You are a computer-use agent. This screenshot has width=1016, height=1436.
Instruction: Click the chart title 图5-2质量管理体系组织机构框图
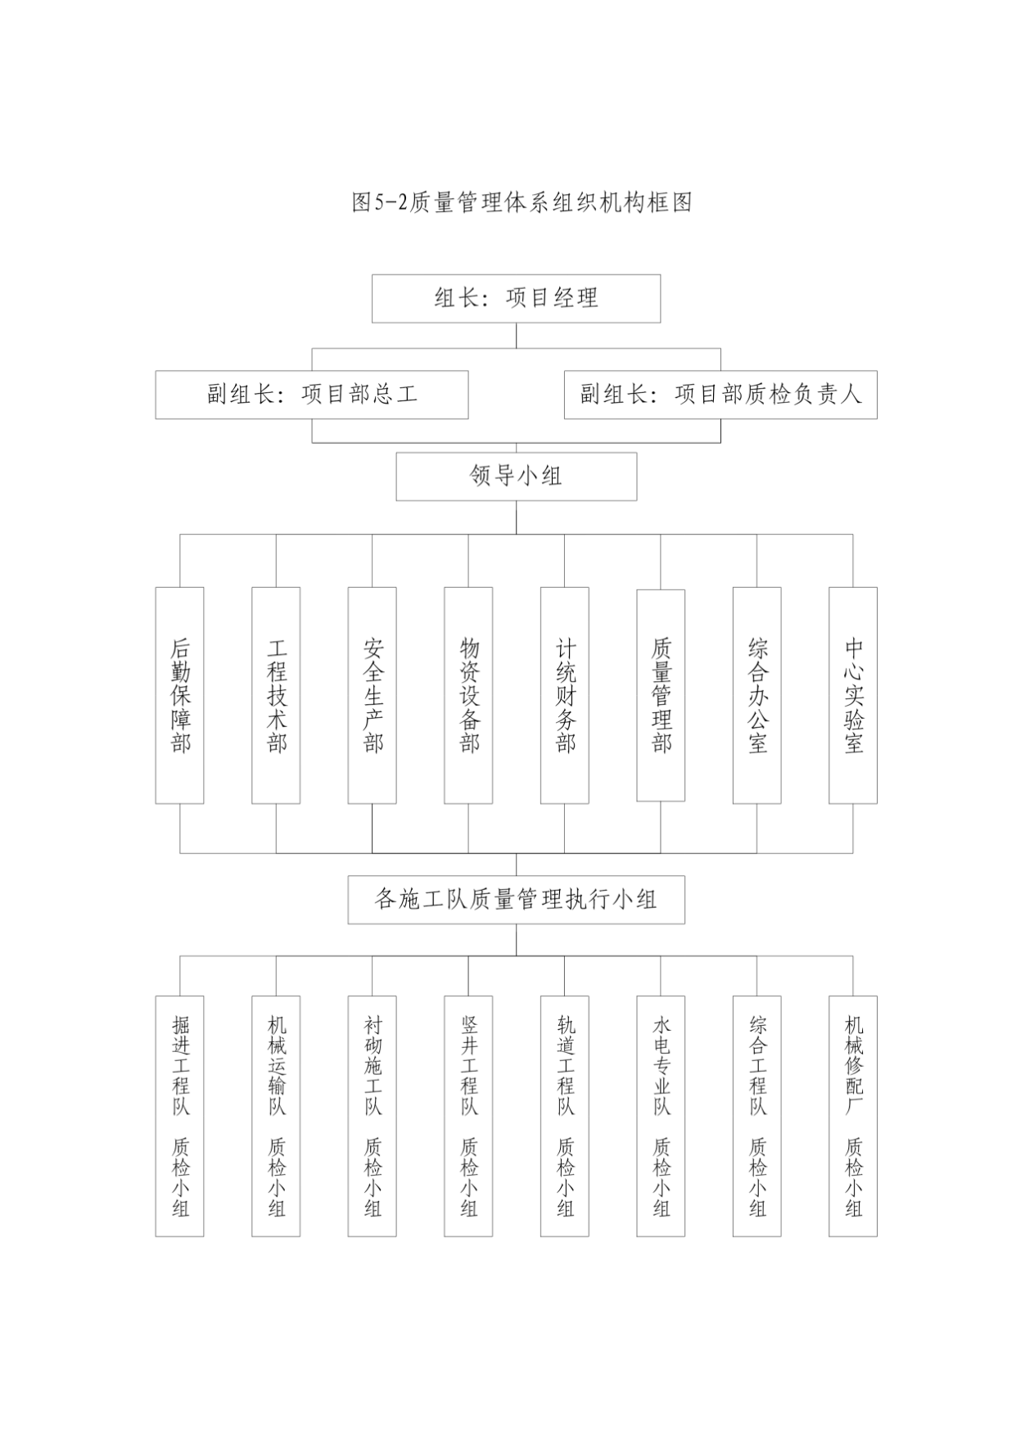522,202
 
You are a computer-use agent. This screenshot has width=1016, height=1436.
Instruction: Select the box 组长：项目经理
516,299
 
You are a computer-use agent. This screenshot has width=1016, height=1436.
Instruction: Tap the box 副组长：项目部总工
312,395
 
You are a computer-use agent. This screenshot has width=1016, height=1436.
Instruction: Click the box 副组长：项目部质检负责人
720,395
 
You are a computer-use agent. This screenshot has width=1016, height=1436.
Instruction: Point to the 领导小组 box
516,476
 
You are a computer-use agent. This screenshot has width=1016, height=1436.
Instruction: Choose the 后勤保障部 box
179,695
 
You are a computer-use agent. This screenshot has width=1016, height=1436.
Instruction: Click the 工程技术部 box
276,695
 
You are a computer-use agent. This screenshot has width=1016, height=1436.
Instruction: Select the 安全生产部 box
373,695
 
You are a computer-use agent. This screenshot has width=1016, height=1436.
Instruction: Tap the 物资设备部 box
468,695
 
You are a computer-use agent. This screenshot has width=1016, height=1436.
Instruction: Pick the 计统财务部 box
565,695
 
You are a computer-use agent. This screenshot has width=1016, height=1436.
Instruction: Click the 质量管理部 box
661,695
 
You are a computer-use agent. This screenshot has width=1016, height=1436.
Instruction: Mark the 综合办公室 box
757,695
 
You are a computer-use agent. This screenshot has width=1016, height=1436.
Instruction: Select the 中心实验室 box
853,695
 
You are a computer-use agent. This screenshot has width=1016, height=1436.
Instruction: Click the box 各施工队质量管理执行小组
516,900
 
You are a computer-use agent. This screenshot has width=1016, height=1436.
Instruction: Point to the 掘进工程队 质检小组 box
179,1116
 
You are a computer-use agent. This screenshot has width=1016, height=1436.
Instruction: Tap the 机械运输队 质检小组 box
276,1116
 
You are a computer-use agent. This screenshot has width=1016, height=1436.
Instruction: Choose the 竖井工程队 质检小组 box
468,1116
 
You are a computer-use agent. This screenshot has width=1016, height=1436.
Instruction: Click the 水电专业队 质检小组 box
661,1116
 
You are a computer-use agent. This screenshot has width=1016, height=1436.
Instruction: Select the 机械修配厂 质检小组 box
853,1116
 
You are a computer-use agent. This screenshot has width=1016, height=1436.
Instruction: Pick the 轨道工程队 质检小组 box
565,1116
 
